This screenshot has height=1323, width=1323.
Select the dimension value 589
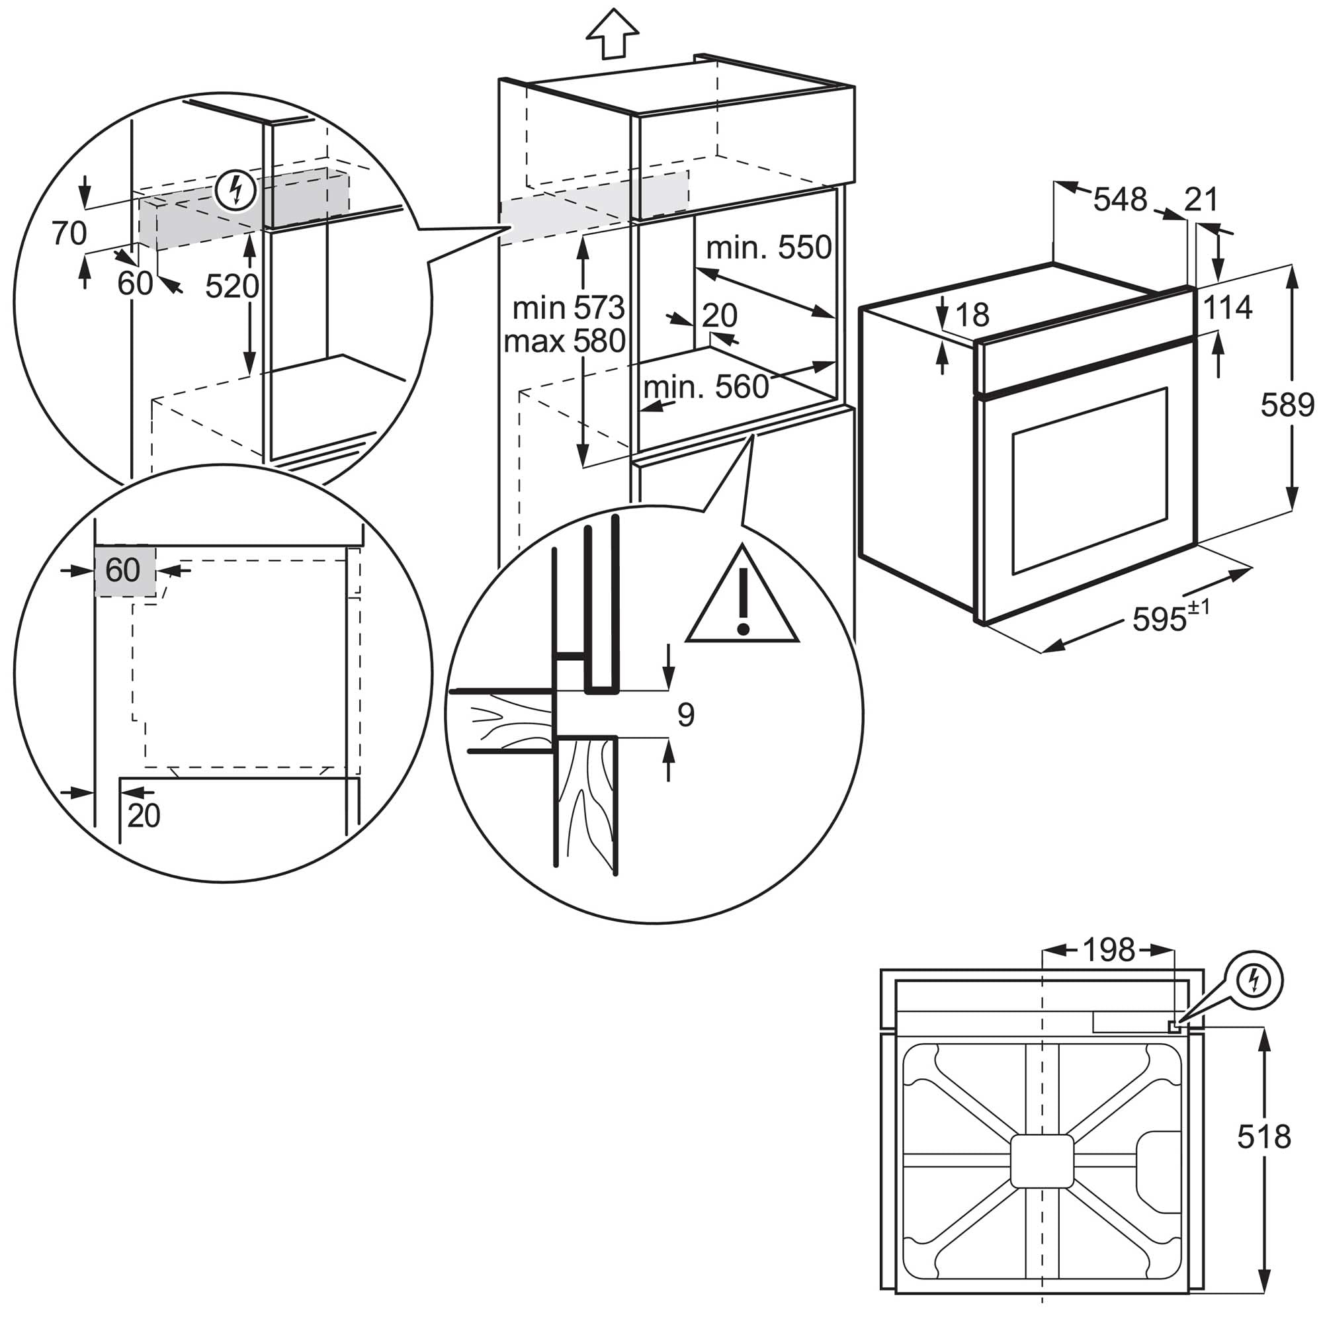click(1287, 405)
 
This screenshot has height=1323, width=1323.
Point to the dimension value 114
click(1227, 308)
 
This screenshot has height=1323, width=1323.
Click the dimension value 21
click(1201, 200)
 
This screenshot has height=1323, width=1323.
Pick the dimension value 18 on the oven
click(972, 315)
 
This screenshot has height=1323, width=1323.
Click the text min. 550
click(768, 247)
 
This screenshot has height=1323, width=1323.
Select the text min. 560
click(706, 388)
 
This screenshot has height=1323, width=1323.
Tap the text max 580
click(564, 341)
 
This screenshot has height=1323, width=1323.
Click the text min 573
click(568, 308)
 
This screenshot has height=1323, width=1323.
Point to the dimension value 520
click(232, 286)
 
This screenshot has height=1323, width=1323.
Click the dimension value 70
click(69, 234)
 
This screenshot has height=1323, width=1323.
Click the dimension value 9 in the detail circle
click(685, 715)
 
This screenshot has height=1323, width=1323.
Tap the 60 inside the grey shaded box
click(123, 570)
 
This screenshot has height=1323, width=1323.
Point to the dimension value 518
click(1263, 1136)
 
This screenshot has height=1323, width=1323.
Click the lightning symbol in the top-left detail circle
click(235, 191)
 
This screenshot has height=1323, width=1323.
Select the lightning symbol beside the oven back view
click(1254, 980)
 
